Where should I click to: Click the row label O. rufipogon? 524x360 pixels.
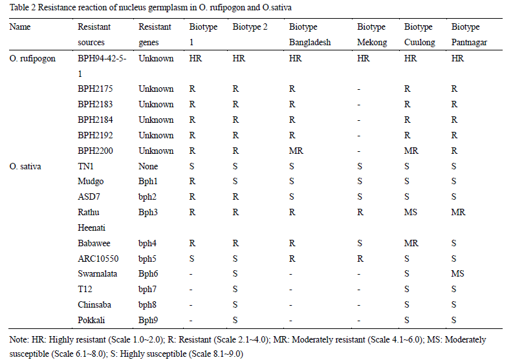coord(33,58)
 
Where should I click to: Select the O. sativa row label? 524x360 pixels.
coord(25,166)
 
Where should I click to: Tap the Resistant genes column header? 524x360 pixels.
coord(155,34)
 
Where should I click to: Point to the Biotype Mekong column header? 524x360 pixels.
coord(371,34)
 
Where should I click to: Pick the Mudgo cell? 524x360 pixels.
coord(90,182)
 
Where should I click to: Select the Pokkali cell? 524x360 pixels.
coord(91,320)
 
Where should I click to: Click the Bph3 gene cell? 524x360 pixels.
coord(148,212)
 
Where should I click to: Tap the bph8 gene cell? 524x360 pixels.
coord(148,304)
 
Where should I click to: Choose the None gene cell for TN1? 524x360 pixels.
coord(149,166)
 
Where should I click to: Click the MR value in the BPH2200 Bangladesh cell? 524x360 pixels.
coord(296,151)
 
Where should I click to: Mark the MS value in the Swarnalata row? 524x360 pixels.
coord(458,273)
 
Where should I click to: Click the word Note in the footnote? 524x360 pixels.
coord(20,339)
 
